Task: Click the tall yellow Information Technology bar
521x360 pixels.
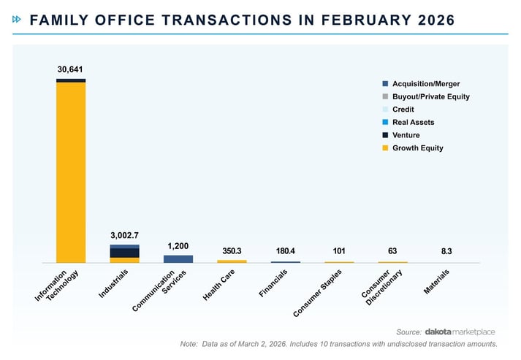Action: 70,172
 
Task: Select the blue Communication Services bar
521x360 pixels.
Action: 178,258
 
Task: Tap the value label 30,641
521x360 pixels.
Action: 70,69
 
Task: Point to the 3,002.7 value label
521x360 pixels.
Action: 124,235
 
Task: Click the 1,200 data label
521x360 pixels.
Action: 178,245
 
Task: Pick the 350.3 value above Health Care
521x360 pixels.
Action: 232,251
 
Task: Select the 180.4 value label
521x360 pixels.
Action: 285,251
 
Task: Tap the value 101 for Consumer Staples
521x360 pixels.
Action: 339,251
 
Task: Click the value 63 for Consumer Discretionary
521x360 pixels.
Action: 392,251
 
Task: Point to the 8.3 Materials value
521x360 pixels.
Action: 446,251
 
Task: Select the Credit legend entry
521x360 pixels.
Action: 403,110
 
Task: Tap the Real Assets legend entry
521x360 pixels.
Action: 414,122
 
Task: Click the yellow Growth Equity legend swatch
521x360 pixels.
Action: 385,148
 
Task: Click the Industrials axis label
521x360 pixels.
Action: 114,284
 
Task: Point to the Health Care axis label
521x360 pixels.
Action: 218,286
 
